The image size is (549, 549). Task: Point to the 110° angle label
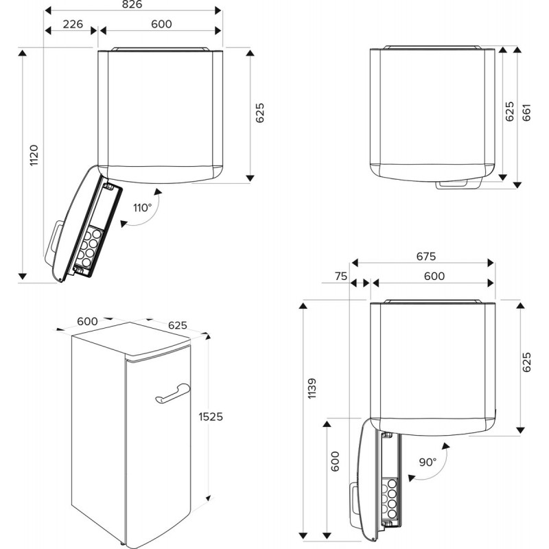[142, 208]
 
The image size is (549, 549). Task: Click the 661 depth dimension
[527, 112]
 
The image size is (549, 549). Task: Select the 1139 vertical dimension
[313, 390]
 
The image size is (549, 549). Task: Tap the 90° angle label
[428, 462]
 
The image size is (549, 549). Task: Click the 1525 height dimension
[211, 417]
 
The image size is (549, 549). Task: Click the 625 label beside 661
[510, 112]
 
